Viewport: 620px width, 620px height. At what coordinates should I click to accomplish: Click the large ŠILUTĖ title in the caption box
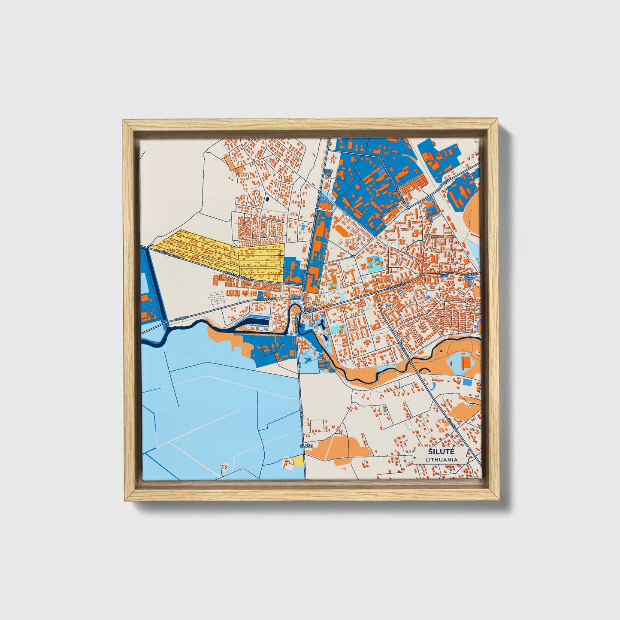[x=442, y=452]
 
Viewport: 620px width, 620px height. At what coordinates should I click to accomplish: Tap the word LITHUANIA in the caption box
[x=442, y=460]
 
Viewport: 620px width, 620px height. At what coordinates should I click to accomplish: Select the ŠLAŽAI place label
[x=306, y=446]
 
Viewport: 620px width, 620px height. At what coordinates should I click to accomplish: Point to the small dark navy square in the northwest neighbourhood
[x=267, y=199]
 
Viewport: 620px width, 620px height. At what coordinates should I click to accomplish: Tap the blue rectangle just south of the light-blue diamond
[x=467, y=382]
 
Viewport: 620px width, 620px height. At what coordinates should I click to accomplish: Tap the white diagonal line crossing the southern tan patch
[x=329, y=447]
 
